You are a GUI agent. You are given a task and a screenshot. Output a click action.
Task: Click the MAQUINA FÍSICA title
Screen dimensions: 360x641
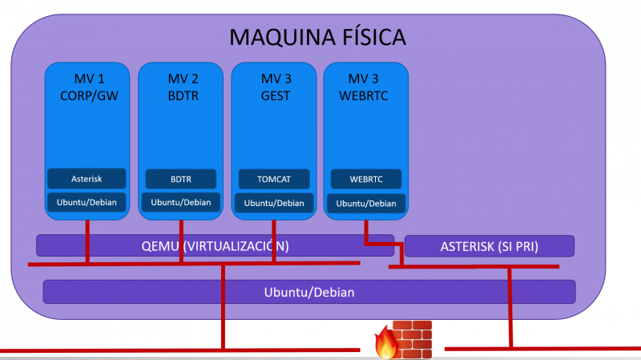click(x=318, y=36)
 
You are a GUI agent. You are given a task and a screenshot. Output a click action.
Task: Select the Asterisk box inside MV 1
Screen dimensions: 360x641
click(x=87, y=177)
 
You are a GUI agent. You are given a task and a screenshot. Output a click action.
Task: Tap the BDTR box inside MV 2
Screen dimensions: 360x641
click(x=179, y=177)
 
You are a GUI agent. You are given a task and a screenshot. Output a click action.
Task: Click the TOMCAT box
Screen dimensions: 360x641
click(x=273, y=178)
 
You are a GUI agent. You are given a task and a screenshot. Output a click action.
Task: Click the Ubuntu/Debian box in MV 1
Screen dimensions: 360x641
click(x=87, y=201)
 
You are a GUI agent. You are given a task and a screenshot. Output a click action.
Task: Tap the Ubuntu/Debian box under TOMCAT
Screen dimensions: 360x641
click(x=273, y=202)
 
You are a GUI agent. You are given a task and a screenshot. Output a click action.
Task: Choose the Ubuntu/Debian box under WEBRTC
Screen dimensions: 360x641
click(x=366, y=203)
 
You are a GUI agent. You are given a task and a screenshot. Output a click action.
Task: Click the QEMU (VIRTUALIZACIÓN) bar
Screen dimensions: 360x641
click(x=215, y=245)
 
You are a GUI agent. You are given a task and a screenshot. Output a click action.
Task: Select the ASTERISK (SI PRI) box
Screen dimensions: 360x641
click(x=489, y=246)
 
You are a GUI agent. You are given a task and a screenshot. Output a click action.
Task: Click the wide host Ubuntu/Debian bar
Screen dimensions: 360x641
click(x=308, y=292)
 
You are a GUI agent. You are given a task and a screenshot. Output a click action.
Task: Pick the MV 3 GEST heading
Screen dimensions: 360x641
click(x=273, y=87)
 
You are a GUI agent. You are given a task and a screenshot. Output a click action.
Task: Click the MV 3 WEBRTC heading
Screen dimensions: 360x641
click(x=366, y=87)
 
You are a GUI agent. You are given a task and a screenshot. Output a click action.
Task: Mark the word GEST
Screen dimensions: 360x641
click(x=273, y=95)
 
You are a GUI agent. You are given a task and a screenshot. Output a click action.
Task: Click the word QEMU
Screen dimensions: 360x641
click(x=161, y=245)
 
